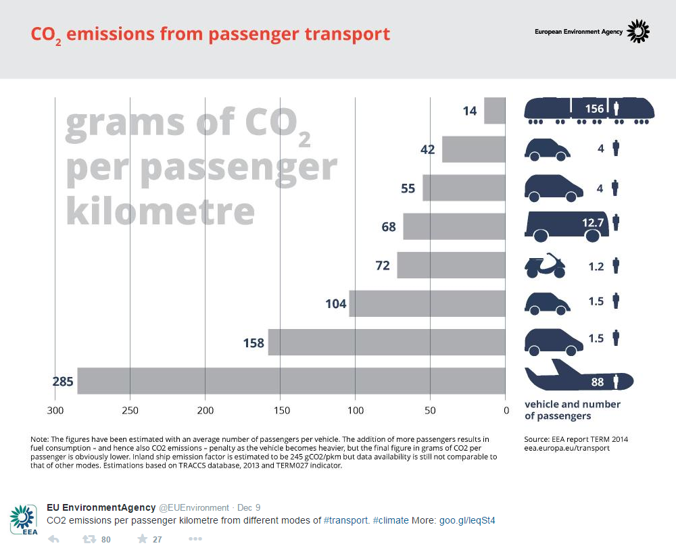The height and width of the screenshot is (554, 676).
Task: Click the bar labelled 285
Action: (291, 381)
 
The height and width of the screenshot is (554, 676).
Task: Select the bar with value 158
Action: (387, 343)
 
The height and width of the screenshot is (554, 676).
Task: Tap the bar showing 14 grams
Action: (495, 111)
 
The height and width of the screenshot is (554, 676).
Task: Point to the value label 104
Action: (336, 304)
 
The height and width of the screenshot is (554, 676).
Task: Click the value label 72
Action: (383, 266)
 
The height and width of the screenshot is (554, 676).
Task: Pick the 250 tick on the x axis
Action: (130, 411)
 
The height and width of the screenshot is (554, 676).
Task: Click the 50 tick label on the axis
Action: (430, 411)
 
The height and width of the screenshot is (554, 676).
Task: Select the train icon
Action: (589, 111)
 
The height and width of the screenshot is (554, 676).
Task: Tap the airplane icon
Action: (579, 375)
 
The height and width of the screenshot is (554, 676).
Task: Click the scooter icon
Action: (545, 266)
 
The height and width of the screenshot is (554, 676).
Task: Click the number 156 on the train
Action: (594, 109)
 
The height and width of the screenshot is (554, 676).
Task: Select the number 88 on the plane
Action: (597, 382)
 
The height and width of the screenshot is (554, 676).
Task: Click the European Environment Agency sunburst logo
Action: (637, 32)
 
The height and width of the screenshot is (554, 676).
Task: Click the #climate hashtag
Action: (391, 520)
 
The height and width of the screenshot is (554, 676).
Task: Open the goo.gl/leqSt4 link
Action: (467, 520)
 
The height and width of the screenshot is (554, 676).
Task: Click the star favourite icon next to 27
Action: (142, 539)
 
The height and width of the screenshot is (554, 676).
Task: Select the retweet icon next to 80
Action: (89, 539)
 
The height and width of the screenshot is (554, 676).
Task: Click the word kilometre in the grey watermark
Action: (160, 211)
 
